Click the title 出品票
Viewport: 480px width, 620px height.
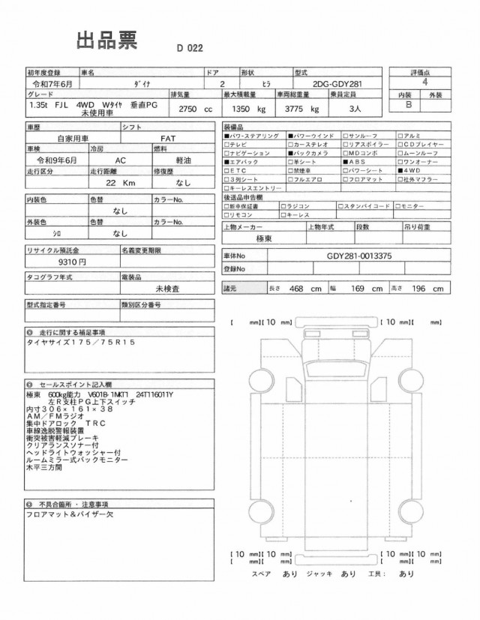point(106,42)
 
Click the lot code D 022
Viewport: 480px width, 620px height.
point(190,48)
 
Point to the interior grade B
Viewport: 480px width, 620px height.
point(409,106)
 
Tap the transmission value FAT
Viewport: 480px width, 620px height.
point(168,139)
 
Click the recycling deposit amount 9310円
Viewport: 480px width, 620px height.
point(72,262)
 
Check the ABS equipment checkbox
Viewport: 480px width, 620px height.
point(345,161)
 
